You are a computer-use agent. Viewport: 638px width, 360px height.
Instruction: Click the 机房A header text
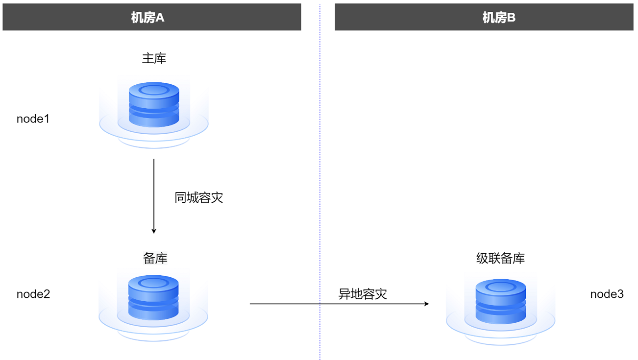[147, 18]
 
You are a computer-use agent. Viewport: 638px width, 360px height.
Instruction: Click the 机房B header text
[499, 18]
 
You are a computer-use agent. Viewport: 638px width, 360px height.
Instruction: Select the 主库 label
[154, 59]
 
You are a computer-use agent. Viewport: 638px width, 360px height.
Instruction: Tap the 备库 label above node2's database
[155, 258]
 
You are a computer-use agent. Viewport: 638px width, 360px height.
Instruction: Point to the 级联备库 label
[500, 258]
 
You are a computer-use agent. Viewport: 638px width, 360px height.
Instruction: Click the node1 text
[33, 119]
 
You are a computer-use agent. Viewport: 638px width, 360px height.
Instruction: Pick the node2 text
[33, 294]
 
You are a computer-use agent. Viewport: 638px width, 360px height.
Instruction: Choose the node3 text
[607, 294]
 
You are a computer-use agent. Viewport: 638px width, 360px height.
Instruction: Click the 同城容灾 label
[198, 197]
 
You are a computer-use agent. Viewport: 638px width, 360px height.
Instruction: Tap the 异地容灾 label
[363, 294]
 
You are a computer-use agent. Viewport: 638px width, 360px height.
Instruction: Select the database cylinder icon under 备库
[153, 298]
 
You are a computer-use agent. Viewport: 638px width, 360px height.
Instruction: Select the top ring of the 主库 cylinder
[154, 90]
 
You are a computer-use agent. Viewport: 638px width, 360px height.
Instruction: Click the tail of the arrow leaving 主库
[154, 160]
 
